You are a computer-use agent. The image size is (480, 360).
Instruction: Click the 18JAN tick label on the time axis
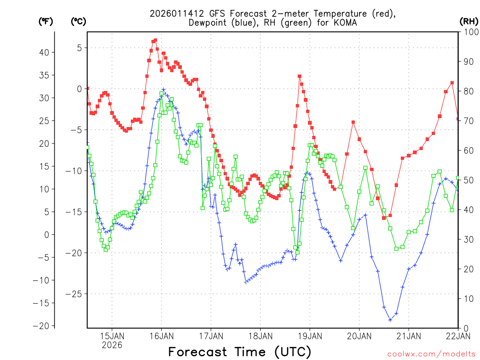click(260, 336)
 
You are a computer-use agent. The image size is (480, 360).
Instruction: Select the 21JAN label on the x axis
click(408, 336)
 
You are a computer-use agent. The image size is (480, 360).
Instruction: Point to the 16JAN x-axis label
click(161, 336)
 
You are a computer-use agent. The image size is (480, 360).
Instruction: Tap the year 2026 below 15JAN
click(112, 345)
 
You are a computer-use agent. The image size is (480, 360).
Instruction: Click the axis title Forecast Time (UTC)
click(240, 352)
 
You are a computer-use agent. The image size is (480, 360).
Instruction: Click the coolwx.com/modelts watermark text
click(431, 354)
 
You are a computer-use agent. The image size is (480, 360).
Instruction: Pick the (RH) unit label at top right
click(468, 21)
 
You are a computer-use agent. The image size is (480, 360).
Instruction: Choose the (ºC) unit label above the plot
click(79, 21)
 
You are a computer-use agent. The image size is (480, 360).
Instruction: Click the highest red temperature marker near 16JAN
click(155, 40)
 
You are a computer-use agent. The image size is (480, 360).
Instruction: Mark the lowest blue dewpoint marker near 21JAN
click(390, 320)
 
